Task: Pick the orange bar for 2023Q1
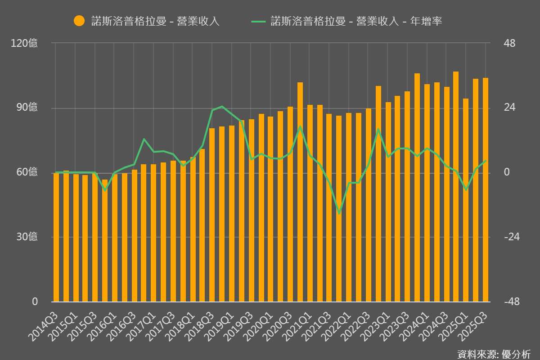pyautogui.click(x=388, y=202)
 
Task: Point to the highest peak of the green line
pyautogui.click(x=222, y=107)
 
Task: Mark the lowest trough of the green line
pyautogui.click(x=339, y=213)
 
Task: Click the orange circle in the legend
pyautogui.click(x=79, y=21)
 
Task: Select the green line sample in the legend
pyautogui.click(x=259, y=21)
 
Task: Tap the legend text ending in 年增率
pyautogui.click(x=355, y=21)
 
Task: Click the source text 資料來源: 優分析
pyautogui.click(x=494, y=354)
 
